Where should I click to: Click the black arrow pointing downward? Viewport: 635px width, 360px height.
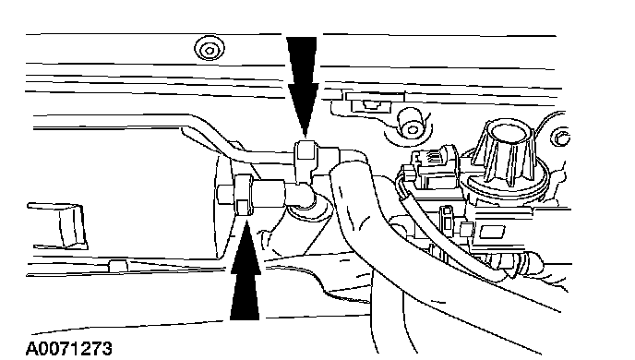[302, 85]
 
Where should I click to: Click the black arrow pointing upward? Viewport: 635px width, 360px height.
[245, 271]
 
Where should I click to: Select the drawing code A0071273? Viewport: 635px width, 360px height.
[68, 349]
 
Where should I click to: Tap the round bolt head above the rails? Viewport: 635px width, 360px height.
[210, 49]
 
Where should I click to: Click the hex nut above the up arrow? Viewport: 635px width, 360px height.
[244, 195]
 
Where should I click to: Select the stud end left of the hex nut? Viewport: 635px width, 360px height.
[225, 195]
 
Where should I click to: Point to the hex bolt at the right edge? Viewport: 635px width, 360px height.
[560, 137]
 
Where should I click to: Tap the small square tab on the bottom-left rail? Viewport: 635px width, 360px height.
[118, 266]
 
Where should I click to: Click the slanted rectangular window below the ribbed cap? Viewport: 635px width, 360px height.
[492, 232]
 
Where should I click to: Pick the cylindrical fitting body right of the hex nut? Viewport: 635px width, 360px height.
[270, 192]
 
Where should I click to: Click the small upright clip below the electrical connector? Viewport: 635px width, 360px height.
[447, 219]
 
